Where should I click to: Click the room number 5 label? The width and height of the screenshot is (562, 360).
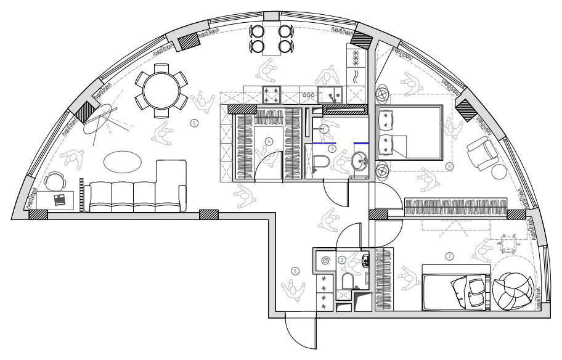pos(194,123)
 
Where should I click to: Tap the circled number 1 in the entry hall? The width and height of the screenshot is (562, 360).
pos(295,271)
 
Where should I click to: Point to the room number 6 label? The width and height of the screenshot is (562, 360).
pos(449,166)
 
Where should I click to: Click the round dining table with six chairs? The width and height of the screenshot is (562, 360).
pos(161,91)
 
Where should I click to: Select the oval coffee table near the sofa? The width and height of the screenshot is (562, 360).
pos(122,162)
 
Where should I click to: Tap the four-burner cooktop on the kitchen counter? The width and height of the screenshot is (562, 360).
pos(271,95)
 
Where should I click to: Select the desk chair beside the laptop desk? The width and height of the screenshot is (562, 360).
pos(55,181)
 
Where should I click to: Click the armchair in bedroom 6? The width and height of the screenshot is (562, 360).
pos(483,154)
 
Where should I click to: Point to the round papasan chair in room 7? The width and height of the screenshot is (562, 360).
pos(513,291)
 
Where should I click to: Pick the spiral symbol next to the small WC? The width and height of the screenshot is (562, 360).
pos(325,261)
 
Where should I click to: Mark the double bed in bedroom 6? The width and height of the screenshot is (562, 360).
pos(410,133)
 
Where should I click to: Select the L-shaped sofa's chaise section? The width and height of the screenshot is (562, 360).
pos(171,186)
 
